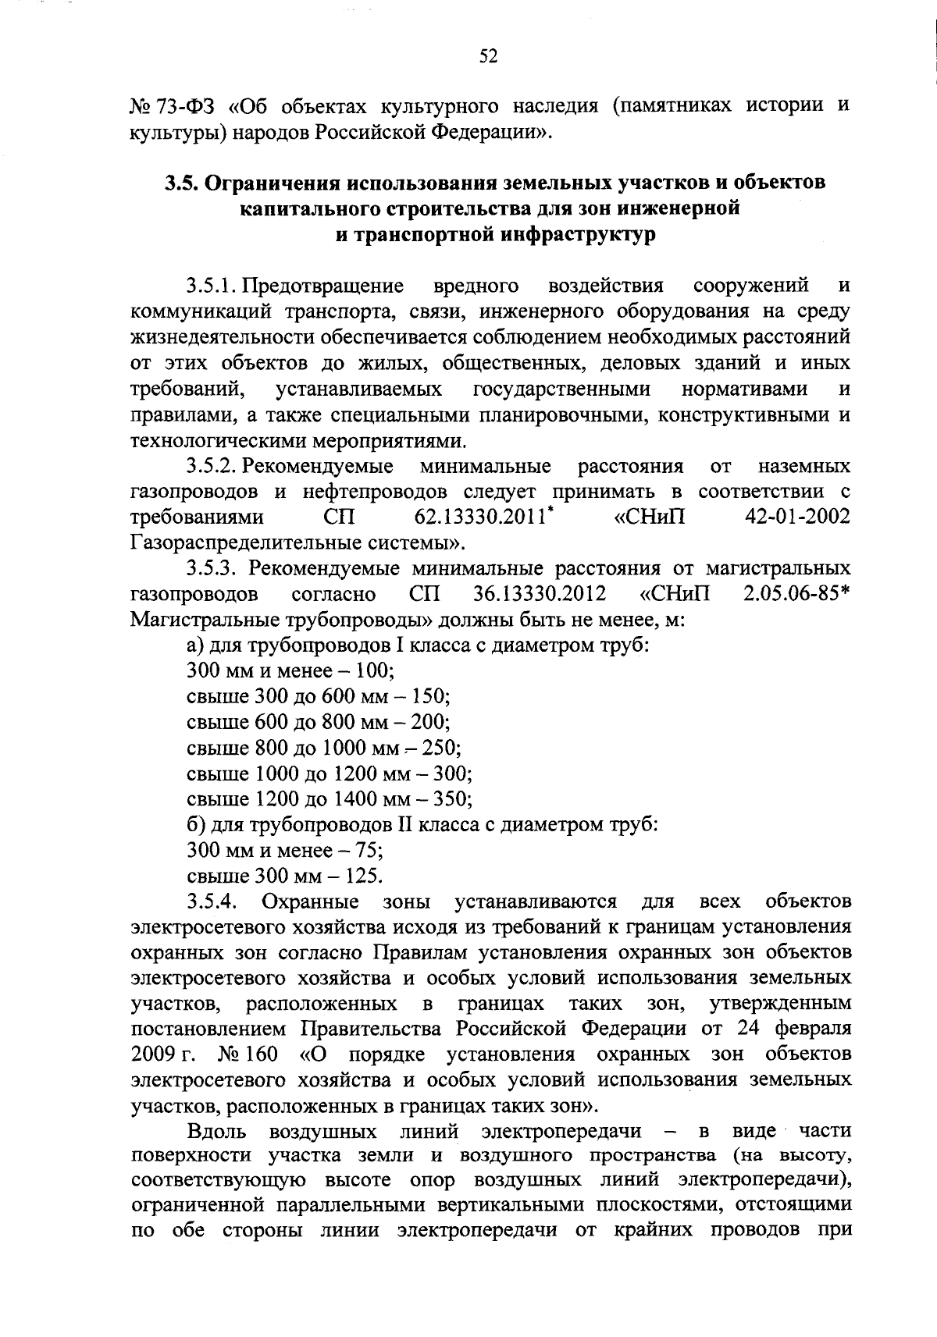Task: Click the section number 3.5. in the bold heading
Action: [183, 183]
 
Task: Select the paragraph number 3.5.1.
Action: [212, 286]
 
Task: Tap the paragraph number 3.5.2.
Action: [212, 467]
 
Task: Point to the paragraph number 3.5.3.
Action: [212, 568]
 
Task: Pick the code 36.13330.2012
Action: [540, 594]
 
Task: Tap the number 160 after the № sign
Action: [261, 1055]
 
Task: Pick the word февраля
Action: [811, 1029]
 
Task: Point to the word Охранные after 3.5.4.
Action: [310, 902]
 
